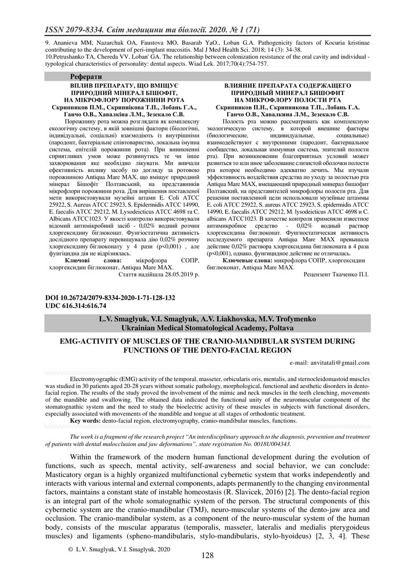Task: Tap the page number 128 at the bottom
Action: pos(207,555)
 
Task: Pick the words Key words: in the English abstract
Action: pos(85,421)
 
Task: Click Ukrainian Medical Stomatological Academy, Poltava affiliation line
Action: pos(207,328)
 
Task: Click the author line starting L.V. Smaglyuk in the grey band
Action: pos(207,319)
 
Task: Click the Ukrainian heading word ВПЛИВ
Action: pos(81,84)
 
